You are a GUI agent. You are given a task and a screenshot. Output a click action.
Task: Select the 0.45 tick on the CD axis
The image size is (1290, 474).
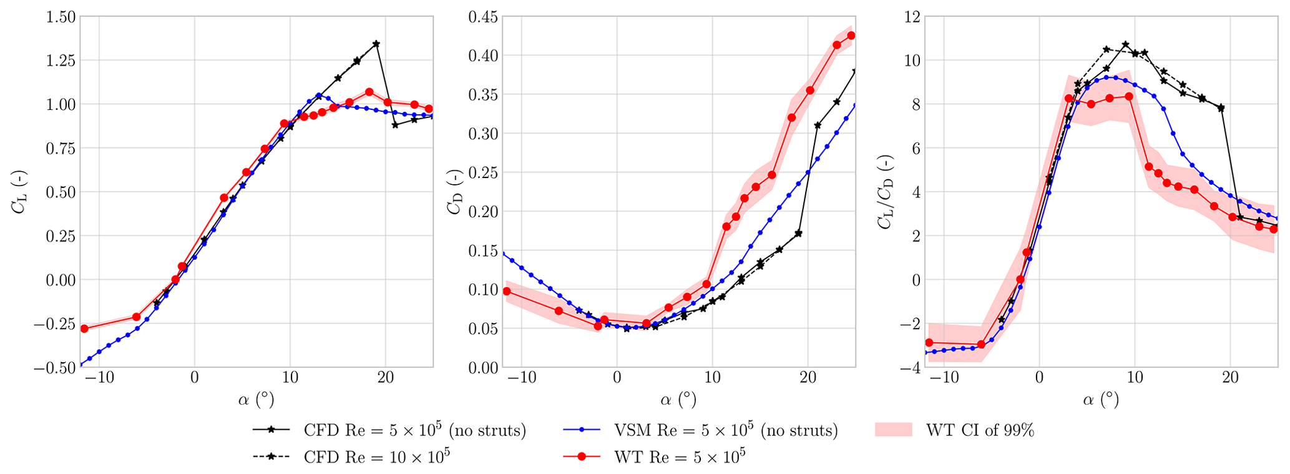point(482,17)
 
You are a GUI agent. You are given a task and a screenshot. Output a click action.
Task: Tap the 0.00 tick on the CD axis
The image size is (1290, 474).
point(482,367)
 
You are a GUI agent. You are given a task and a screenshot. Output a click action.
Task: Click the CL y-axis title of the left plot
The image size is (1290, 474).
point(18,192)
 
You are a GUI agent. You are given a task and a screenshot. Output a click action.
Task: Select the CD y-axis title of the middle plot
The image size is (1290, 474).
point(454,192)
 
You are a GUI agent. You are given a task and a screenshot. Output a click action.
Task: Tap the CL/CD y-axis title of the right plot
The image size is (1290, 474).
point(884,192)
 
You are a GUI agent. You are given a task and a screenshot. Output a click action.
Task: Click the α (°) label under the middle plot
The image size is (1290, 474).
point(678,399)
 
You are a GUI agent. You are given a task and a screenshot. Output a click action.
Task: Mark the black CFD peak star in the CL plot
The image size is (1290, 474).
point(376,44)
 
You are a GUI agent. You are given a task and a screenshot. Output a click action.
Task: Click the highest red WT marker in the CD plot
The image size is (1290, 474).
point(851,36)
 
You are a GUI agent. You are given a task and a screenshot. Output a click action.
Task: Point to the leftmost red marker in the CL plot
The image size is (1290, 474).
point(84,328)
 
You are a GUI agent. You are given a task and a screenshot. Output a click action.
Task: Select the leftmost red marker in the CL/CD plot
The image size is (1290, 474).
point(929,342)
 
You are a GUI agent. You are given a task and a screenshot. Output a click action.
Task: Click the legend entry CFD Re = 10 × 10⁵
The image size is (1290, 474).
point(376,457)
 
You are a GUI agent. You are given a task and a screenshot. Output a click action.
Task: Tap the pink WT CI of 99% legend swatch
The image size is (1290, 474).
point(894,430)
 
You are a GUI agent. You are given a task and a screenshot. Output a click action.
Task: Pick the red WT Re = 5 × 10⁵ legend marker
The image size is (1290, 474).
point(581,457)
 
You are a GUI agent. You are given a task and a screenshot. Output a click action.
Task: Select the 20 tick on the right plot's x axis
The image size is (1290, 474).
point(1230,378)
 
